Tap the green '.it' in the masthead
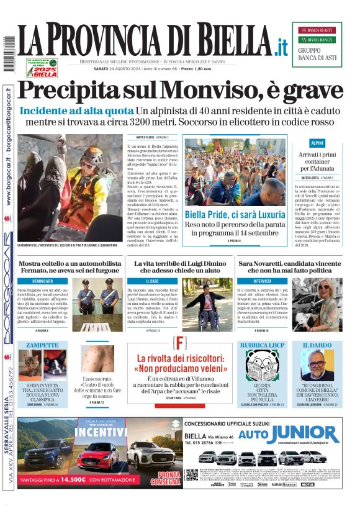point(282,46)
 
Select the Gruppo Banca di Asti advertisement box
point(317,45)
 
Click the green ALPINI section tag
point(317,143)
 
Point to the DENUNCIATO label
point(43,281)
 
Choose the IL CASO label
point(151,281)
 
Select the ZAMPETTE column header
point(43,345)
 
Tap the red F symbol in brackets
point(179,343)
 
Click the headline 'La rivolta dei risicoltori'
point(179,364)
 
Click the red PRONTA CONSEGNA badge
point(164,478)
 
